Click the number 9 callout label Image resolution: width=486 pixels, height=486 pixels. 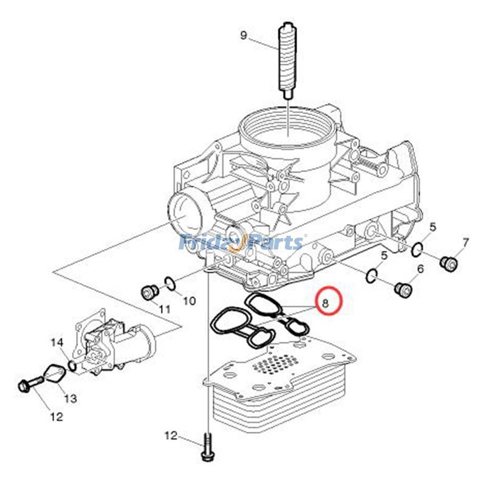(x=244, y=35)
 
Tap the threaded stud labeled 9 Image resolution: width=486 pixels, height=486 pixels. (x=286, y=61)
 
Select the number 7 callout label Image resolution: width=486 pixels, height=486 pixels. (x=465, y=243)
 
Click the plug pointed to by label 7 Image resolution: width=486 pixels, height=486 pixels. (x=448, y=262)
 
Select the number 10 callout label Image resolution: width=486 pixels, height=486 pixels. (x=188, y=300)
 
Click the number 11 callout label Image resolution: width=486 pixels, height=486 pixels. (x=164, y=309)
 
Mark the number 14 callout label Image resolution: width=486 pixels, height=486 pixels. (x=56, y=343)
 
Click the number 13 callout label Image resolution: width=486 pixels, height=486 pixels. (x=70, y=399)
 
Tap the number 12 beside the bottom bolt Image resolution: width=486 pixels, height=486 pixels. (x=171, y=435)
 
